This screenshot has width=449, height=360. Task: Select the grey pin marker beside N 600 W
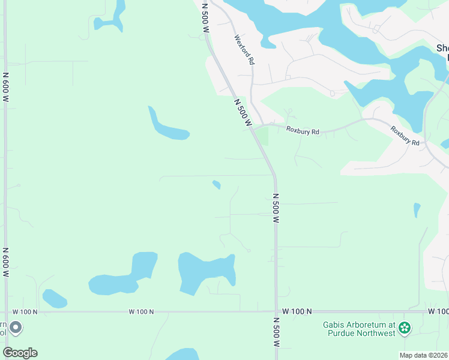(16, 328)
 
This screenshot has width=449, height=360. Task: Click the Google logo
(20, 353)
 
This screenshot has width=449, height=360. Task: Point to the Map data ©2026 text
(423, 355)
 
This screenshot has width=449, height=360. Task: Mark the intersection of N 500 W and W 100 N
(276, 311)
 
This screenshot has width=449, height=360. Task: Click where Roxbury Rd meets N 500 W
(255, 128)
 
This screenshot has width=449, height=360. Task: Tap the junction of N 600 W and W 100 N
(6, 312)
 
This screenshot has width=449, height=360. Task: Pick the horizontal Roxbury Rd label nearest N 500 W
(303, 130)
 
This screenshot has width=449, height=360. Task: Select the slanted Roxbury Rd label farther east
(405, 136)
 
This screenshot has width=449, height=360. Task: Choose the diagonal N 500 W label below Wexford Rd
(242, 113)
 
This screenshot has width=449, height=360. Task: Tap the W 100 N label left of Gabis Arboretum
(297, 311)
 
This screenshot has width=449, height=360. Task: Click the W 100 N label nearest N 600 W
(25, 312)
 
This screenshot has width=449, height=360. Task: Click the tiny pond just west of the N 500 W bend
(217, 184)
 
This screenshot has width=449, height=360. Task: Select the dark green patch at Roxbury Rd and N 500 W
(264, 136)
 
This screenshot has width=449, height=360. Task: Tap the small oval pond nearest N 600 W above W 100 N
(54, 298)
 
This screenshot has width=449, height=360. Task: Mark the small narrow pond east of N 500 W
(417, 210)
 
